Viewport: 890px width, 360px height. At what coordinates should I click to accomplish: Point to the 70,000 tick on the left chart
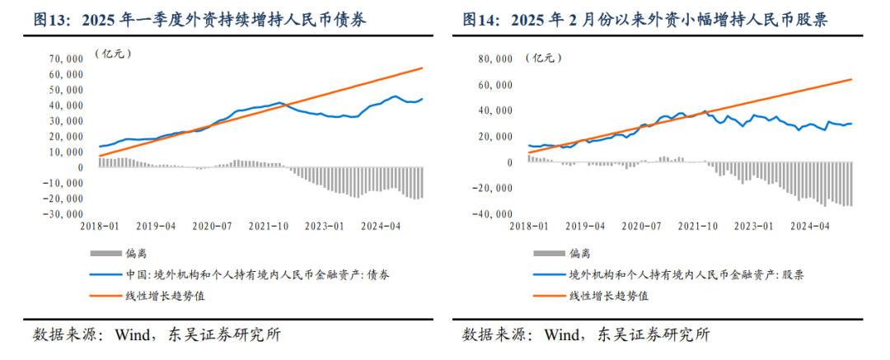tap(65, 58)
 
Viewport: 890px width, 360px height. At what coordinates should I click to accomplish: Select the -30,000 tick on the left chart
tap(63, 214)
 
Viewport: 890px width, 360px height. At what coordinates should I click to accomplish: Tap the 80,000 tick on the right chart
tap(494, 58)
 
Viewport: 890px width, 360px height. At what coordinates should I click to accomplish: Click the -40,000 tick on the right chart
tap(491, 214)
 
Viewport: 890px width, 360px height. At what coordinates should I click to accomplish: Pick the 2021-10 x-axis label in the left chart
tap(270, 225)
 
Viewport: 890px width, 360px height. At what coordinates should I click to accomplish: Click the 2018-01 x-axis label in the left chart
tap(99, 225)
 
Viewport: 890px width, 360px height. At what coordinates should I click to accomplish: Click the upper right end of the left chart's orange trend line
tap(423, 68)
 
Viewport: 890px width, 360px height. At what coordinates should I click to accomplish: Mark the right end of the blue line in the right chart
tap(851, 124)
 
